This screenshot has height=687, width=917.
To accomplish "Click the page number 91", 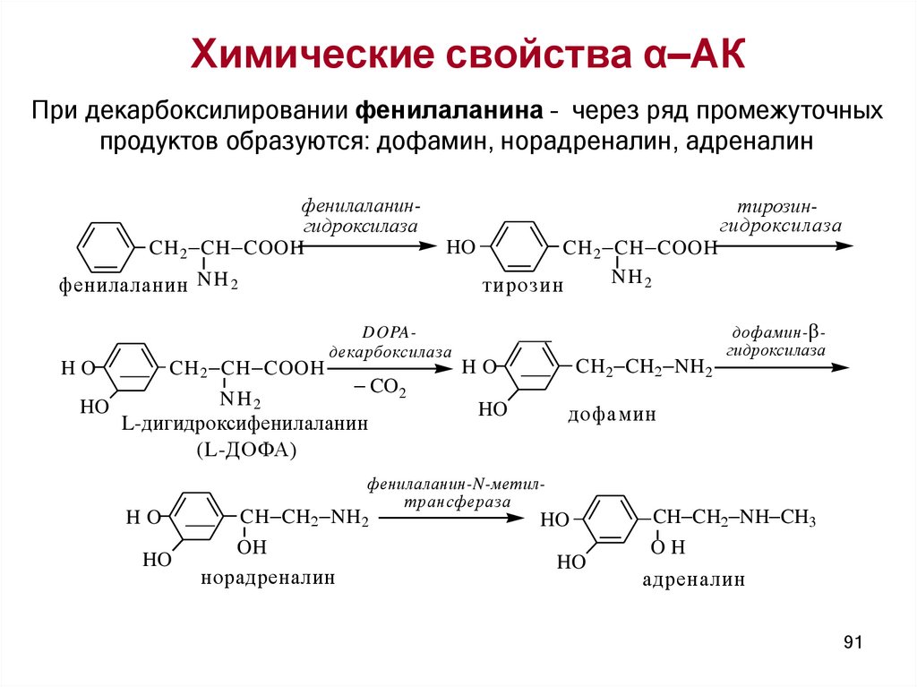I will click(x=852, y=642).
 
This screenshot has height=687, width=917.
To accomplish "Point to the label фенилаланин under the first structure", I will click(x=124, y=286).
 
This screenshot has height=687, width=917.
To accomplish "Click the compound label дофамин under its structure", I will click(x=612, y=415).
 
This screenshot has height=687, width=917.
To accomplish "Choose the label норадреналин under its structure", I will click(x=268, y=578).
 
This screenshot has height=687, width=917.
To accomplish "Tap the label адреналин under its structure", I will click(x=694, y=580).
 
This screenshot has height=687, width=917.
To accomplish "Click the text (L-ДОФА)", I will click(x=245, y=450).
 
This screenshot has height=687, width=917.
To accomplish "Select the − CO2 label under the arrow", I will click(x=380, y=390).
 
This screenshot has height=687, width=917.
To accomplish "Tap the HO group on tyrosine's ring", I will click(x=460, y=247).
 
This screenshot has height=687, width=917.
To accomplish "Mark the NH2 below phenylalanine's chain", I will click(x=217, y=280).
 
